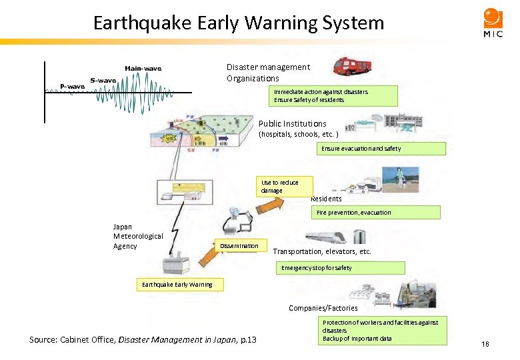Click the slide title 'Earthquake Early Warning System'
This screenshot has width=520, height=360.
pyautogui.click(x=239, y=23)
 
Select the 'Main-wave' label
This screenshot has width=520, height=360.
pyautogui.click(x=143, y=68)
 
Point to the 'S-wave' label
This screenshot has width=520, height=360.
pyautogui.click(x=103, y=81)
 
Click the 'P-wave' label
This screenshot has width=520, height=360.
pyautogui.click(x=72, y=86)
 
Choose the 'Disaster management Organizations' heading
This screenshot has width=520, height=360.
pyautogui.click(x=268, y=73)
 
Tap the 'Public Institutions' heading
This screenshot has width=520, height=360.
pyautogui.click(x=292, y=123)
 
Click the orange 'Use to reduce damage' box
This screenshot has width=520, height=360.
pyautogui.click(x=279, y=187)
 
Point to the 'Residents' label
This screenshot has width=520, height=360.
pyautogui.click(x=326, y=199)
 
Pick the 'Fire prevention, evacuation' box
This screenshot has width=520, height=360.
pyautogui.click(x=376, y=213)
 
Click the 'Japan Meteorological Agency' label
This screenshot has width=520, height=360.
pyautogui.click(x=137, y=237)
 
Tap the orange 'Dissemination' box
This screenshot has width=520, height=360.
pyautogui.click(x=239, y=246)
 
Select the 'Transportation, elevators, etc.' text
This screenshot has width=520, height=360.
pyautogui.click(x=321, y=252)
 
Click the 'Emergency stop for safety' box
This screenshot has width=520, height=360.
pyautogui.click(x=340, y=268)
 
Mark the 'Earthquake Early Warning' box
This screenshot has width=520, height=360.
pyautogui.click(x=178, y=285)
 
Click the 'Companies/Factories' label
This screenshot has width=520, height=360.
pyautogui.click(x=323, y=308)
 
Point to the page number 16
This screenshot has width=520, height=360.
pyautogui.click(x=485, y=344)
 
